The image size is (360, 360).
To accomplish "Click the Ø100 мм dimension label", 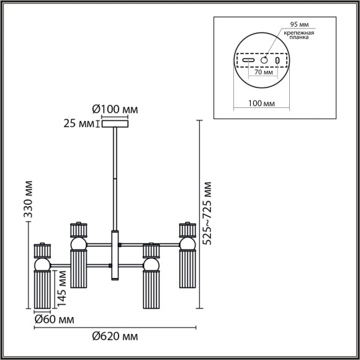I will coord(115,110).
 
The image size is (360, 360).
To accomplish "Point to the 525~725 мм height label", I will coord(207,214).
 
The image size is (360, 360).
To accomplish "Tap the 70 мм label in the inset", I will coord(263,73).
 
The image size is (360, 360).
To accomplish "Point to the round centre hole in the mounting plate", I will coord(264,61).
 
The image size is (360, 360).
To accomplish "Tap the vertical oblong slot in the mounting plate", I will coord(277,61).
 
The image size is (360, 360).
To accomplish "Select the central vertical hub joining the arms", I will coord(114,255).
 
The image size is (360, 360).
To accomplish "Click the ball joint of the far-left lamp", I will coord(42,265).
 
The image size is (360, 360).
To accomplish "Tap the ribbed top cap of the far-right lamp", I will coord(186,230).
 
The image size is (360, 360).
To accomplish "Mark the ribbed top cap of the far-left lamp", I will coord(42,250).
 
